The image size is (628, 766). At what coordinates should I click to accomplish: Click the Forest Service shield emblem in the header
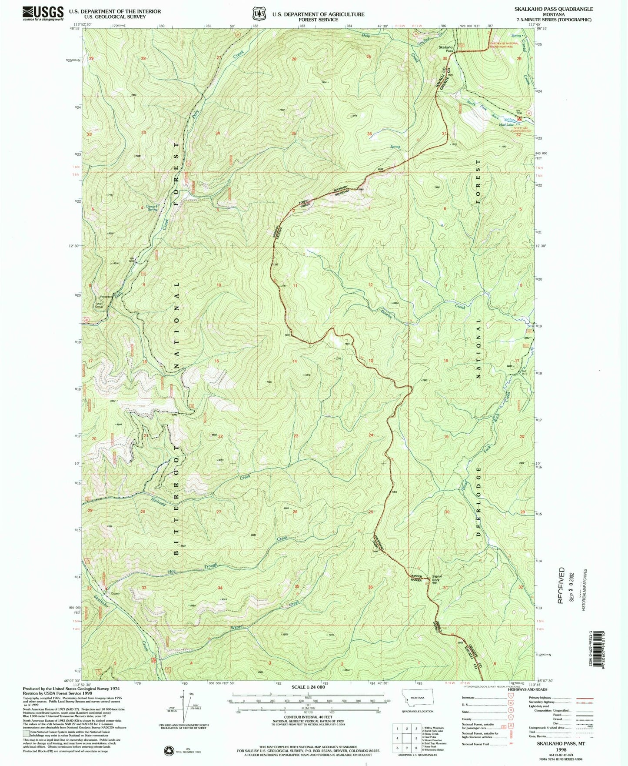259,13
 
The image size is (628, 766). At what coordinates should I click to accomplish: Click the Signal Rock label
436,579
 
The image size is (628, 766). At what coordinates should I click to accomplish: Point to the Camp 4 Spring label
151,208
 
